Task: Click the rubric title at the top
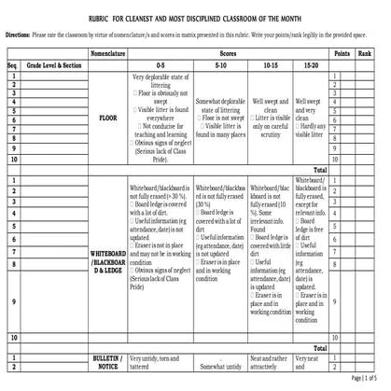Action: pos(195,18)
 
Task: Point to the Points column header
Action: pos(342,55)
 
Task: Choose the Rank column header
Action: pos(366,55)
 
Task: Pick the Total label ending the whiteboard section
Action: pos(320,347)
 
